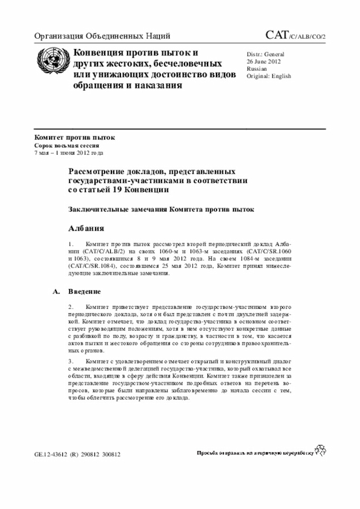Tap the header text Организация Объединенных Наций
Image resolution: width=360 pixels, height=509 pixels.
pos(102,37)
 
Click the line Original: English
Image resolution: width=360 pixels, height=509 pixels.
pos(269,75)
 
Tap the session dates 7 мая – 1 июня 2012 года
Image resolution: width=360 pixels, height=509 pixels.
pos(69,152)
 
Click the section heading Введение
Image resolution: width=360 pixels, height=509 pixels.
pos(84,292)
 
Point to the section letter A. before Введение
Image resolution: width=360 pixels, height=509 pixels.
pos(55,292)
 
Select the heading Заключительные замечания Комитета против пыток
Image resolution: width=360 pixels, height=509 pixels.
pos(161,209)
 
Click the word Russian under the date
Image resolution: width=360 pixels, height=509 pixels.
pos(257,68)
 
